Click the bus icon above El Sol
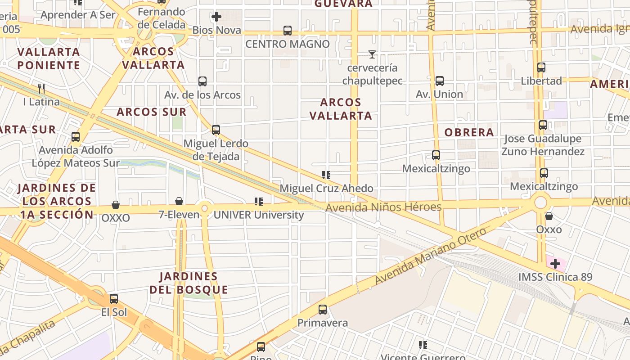pos(114,299)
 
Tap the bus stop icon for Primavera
pos(323,310)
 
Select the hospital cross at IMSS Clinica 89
pos(555,263)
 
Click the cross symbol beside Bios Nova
pos(216,17)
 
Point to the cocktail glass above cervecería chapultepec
pos(372,54)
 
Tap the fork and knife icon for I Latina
pos(41,88)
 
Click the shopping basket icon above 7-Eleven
pos(179,201)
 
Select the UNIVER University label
pos(259,215)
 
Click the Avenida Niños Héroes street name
pos(383,207)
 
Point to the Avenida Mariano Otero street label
pos(431,256)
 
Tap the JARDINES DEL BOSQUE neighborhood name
pos(189,283)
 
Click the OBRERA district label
pos(469,132)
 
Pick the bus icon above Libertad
pos(541,67)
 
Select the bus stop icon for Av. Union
pos(440,81)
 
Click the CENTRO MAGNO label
pos(288,44)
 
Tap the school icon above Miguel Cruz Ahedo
pos(326,175)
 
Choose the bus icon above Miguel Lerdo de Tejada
pos(216,130)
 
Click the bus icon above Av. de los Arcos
pos(202,81)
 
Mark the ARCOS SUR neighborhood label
pos(151,112)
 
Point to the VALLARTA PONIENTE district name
pos(49,58)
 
